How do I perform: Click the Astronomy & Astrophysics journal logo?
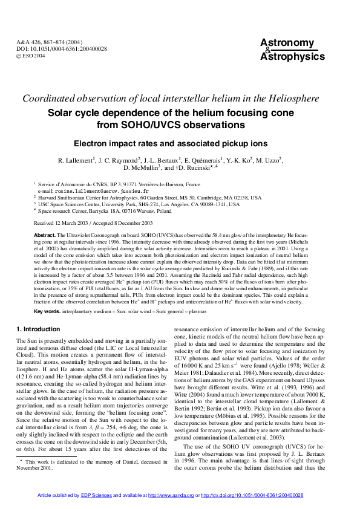[287, 49]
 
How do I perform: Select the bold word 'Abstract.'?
[45, 235]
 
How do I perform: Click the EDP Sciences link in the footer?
[97, 496]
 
